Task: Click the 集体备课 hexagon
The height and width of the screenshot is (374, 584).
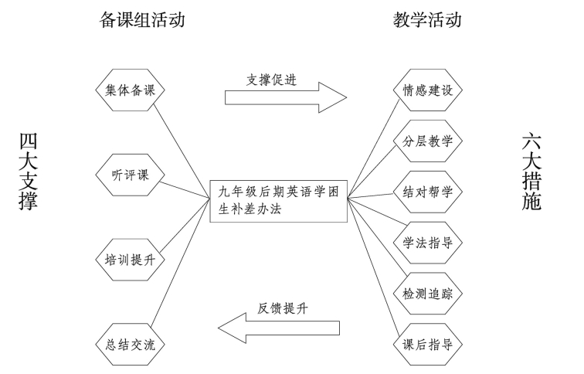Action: (x=130, y=90)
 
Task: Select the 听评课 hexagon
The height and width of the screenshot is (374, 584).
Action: (x=130, y=175)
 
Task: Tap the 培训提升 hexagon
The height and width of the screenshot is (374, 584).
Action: (x=130, y=260)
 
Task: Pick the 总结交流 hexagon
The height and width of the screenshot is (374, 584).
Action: (x=130, y=345)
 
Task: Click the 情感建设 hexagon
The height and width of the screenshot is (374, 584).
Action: (x=428, y=90)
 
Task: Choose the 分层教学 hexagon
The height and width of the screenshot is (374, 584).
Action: (x=428, y=141)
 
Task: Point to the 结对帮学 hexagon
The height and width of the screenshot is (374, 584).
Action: (x=428, y=192)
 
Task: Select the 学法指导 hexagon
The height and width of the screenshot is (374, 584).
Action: (x=428, y=243)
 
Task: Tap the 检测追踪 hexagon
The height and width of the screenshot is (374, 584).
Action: (x=428, y=294)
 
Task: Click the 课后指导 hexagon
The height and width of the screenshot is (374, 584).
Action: (x=428, y=345)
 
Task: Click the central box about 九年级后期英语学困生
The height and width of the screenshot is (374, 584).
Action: (x=279, y=201)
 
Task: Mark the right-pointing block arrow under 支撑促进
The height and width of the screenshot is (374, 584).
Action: (x=286, y=97)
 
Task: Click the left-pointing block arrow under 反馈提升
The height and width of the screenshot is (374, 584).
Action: (x=279, y=328)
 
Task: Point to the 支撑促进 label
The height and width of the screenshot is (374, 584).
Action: (x=271, y=80)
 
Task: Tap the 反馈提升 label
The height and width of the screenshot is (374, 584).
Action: (x=283, y=308)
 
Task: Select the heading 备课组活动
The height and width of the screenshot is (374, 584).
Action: (x=142, y=20)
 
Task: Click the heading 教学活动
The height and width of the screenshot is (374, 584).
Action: (x=428, y=20)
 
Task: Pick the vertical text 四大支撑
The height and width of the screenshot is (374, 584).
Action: (x=29, y=172)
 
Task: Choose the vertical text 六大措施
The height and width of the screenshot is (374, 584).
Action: (x=531, y=172)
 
